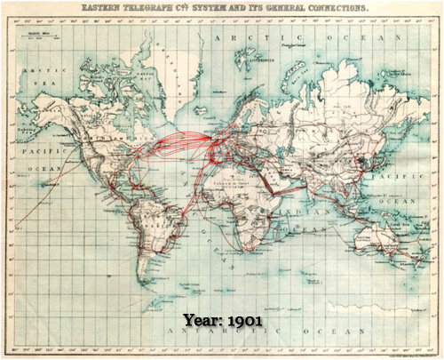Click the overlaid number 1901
tap(242, 318)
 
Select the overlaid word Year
tap(202, 318)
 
